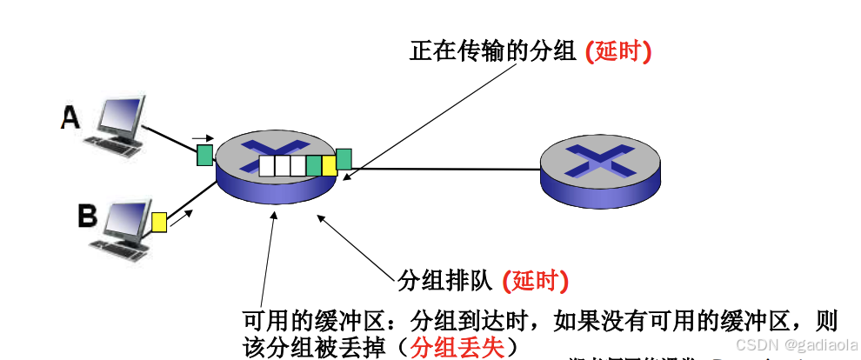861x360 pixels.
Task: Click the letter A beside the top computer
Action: point(70,117)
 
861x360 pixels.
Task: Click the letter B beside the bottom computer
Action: point(87,215)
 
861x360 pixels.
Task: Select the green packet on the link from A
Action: point(204,156)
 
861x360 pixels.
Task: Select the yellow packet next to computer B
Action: point(159,222)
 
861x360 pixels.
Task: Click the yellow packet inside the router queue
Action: point(329,165)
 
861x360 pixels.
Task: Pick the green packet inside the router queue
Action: point(314,165)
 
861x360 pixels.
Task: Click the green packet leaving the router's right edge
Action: point(344,159)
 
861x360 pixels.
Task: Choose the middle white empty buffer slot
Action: point(283,165)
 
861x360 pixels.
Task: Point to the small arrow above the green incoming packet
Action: point(202,137)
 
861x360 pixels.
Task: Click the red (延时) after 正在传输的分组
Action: point(618,51)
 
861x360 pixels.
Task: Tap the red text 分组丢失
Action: point(457,347)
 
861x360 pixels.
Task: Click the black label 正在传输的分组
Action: point(493,51)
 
